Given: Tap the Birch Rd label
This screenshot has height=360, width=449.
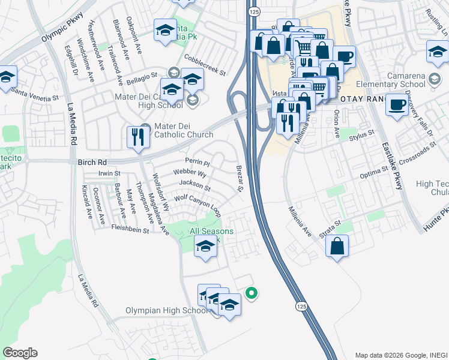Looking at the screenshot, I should pyautogui.click(x=92, y=162).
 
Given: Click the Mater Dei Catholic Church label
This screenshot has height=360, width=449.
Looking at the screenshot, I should pyautogui.click(x=184, y=130).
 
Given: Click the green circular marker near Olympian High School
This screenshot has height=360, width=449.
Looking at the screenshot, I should pyautogui.click(x=252, y=293).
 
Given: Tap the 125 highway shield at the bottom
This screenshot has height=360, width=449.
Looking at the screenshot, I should pyautogui.click(x=301, y=307).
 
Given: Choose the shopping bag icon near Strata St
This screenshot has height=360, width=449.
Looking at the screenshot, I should pyautogui.click(x=337, y=245).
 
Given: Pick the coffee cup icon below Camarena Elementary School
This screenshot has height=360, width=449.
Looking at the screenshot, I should pyautogui.click(x=397, y=106).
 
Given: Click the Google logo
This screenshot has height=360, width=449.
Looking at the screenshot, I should pyautogui.click(x=20, y=352).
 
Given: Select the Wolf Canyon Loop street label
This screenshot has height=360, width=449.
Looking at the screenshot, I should pyautogui.click(x=197, y=205).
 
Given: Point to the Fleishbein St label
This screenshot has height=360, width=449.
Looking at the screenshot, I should pyautogui.click(x=130, y=228).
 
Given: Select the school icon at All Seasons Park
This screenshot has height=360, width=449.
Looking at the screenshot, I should pyautogui.click(x=205, y=246).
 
